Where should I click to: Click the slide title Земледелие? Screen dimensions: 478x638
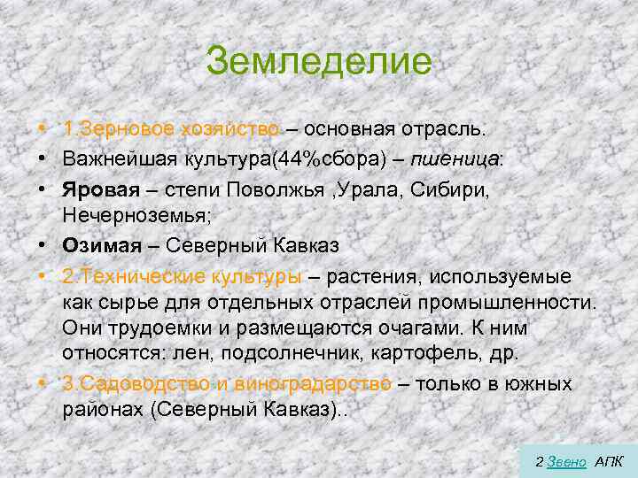(319, 62)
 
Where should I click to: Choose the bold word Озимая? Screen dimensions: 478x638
(95, 244)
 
